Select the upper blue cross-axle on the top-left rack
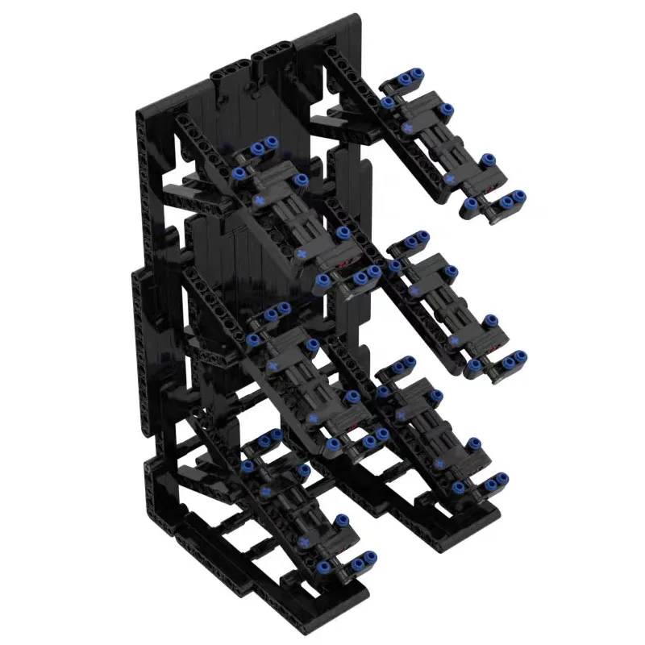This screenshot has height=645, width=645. (260, 198)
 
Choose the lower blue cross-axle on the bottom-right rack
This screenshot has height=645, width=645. (440, 464)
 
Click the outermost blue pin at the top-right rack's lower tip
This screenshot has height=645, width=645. (520, 195)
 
